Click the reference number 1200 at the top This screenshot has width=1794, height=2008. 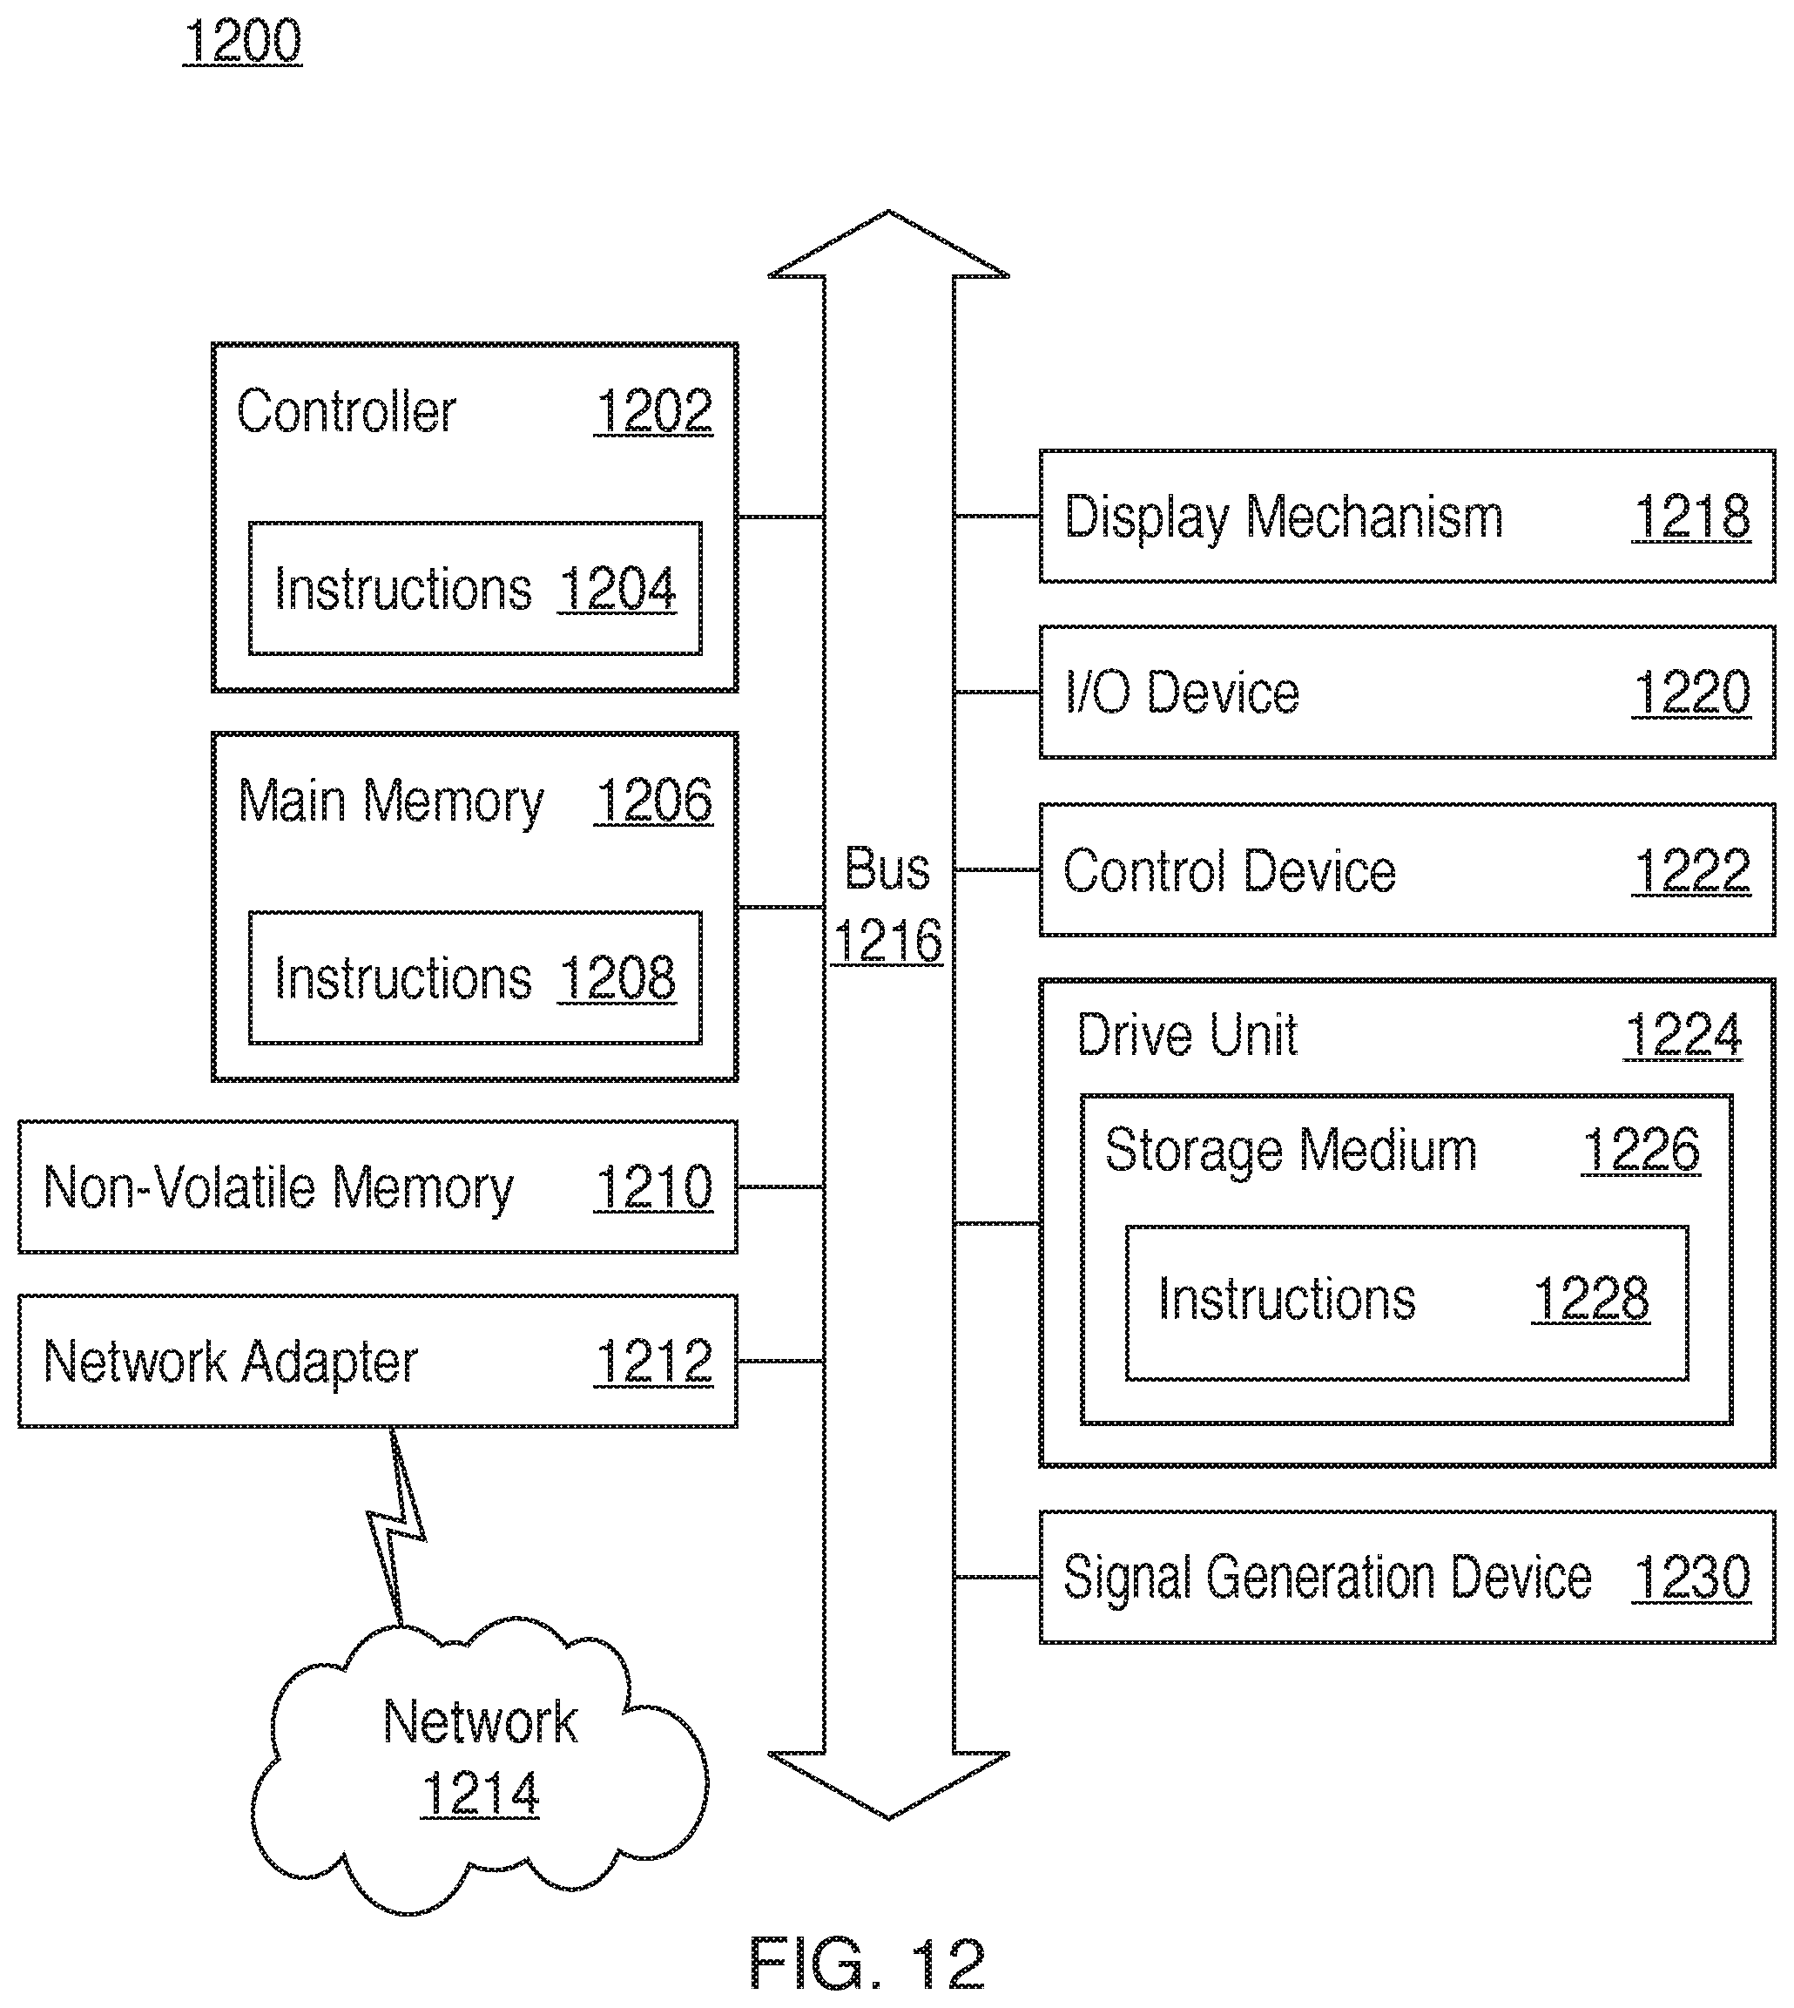click(x=242, y=43)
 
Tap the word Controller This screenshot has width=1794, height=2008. click(x=346, y=411)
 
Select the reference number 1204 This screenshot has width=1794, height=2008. click(x=617, y=590)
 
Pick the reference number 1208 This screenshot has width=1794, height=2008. click(x=617, y=979)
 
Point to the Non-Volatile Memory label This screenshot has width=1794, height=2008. click(x=278, y=1188)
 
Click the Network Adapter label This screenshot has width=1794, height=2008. click(x=231, y=1362)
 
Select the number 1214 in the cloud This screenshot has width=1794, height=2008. click(x=480, y=1793)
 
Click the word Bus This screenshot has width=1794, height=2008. click(x=887, y=869)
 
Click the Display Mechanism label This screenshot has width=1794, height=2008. click(x=1284, y=517)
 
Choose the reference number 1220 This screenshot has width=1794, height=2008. click(x=1691, y=693)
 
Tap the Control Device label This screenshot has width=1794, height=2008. click(x=1229, y=871)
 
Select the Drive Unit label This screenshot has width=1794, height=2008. click(x=1187, y=1036)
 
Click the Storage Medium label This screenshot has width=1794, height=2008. click(x=1291, y=1151)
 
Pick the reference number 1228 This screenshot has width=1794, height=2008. click(x=1591, y=1299)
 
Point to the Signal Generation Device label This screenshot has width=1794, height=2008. click(x=1326, y=1579)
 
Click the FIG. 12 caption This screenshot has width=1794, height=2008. click(x=867, y=1964)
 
